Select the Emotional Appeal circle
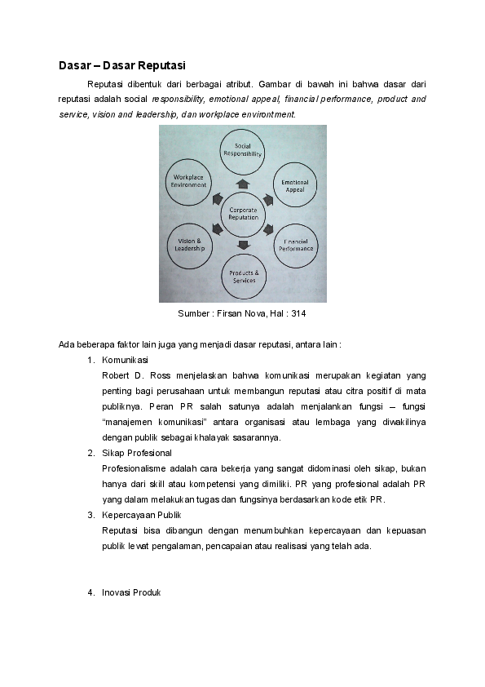click(x=294, y=185)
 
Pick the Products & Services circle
click(x=243, y=276)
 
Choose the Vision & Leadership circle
click(x=189, y=244)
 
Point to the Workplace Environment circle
click(x=188, y=181)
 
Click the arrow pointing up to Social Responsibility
click(x=242, y=184)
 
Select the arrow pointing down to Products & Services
click(x=243, y=245)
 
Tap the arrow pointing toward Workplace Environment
click(x=217, y=198)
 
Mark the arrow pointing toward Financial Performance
click(x=269, y=229)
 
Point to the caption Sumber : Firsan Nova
click(x=219, y=313)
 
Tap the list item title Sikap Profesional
click(x=137, y=453)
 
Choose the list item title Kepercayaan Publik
click(x=142, y=515)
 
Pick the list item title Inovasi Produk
click(x=131, y=592)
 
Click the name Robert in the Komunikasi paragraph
click(x=117, y=375)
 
